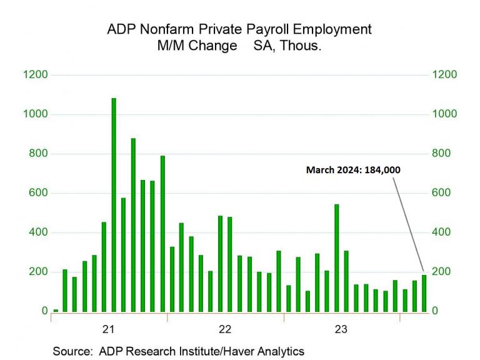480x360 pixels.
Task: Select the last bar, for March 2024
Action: tap(424, 293)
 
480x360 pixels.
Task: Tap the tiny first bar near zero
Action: tap(56, 310)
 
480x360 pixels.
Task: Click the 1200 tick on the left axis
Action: tap(36, 75)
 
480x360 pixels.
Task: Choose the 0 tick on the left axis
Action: tap(44, 311)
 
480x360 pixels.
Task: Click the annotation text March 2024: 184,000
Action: tap(353, 169)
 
